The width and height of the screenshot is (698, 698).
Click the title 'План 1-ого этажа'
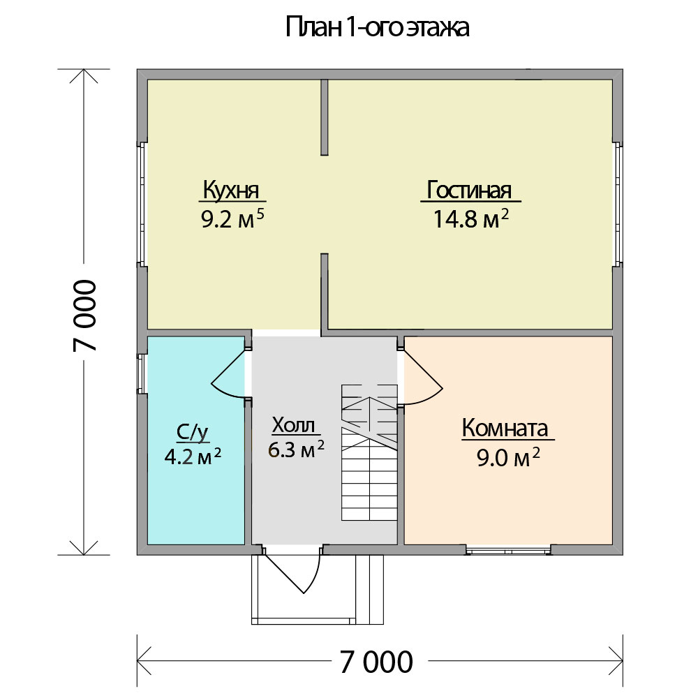click(377, 28)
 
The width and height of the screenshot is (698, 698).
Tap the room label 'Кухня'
click(231, 190)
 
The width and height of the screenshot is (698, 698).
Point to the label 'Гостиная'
click(469, 190)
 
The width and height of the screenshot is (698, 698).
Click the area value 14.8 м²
click(471, 219)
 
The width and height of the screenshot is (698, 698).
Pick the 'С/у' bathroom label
click(193, 432)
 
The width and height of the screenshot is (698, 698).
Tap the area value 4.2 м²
click(193, 456)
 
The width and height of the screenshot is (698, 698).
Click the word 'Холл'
click(293, 424)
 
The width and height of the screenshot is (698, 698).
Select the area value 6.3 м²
click(296, 450)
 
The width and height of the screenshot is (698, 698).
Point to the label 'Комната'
click(505, 429)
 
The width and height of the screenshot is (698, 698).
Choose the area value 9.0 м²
click(508, 458)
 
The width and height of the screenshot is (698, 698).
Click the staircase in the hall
click(369, 452)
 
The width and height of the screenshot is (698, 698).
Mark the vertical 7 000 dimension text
click(84, 315)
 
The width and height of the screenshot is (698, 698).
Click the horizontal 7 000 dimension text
click(377, 662)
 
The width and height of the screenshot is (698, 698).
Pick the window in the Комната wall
click(508, 550)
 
